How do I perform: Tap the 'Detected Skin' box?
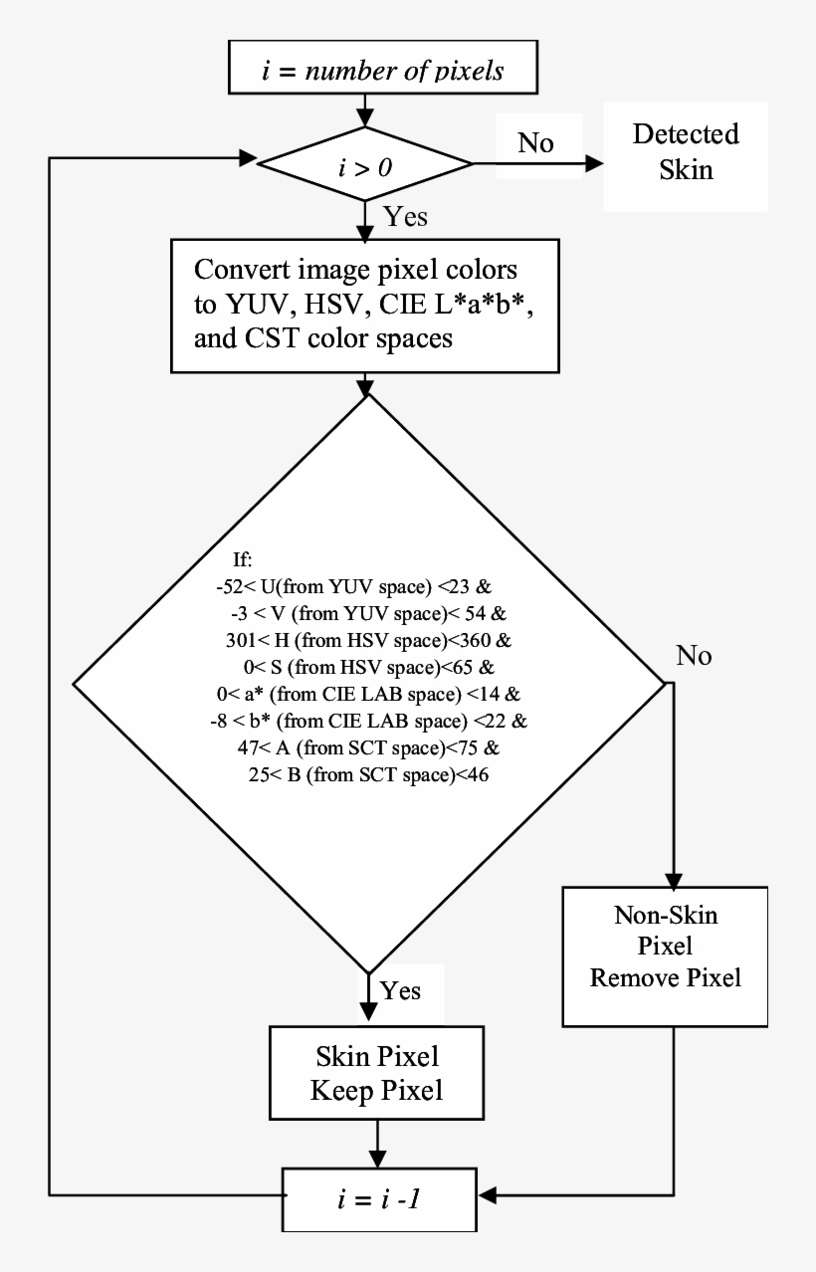click(686, 151)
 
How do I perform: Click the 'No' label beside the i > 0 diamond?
click(536, 143)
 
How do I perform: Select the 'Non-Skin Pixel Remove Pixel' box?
click(666, 954)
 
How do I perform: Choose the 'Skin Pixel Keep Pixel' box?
click(376, 1073)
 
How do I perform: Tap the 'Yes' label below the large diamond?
click(401, 991)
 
